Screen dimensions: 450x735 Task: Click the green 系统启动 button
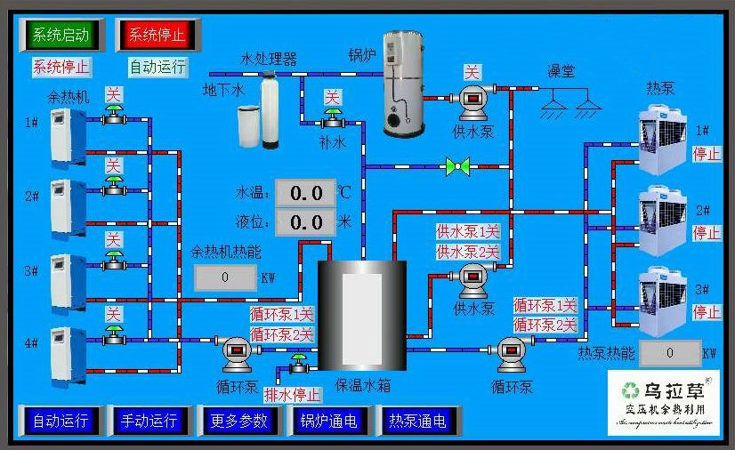(x=61, y=36)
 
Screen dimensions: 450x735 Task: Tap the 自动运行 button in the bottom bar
(x=61, y=421)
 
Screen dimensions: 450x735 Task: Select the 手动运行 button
(x=149, y=421)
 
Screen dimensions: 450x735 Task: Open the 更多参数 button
(x=239, y=421)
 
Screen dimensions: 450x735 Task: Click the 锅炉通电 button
(x=328, y=421)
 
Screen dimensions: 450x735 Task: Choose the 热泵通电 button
(x=416, y=421)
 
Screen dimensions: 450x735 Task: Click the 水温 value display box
(x=305, y=192)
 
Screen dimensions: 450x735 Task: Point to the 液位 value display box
(x=305, y=221)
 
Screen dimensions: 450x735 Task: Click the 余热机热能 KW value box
(x=225, y=277)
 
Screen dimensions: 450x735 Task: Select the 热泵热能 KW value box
(x=670, y=353)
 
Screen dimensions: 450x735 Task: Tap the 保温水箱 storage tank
(x=362, y=316)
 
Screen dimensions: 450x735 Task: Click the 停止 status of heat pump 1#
(x=707, y=153)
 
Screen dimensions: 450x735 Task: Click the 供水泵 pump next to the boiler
(x=472, y=102)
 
